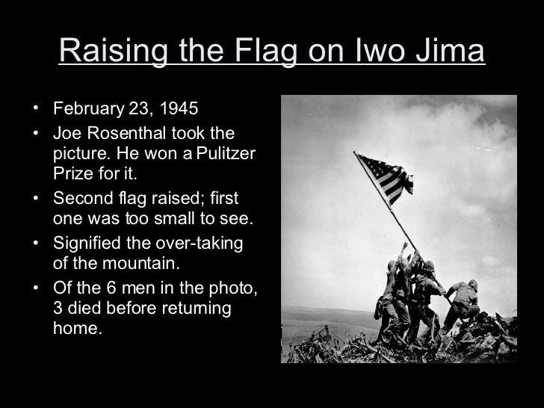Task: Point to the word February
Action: tap(86, 110)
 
